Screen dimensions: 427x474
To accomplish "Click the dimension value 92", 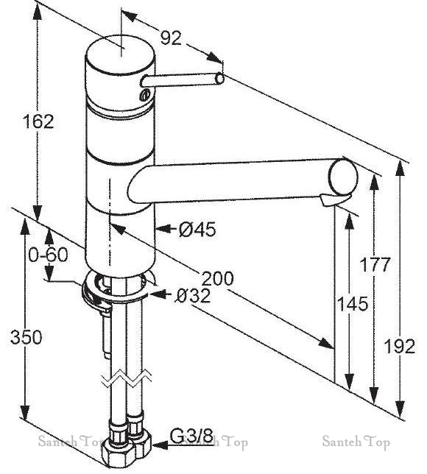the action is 171,38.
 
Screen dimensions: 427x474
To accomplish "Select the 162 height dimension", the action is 38,121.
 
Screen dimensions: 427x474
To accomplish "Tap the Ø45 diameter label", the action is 197,229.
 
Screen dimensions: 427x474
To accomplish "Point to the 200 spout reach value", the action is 217,278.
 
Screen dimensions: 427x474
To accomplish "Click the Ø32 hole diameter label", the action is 193,296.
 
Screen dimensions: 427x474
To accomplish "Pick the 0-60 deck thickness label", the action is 49,255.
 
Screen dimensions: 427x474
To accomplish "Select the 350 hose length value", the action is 26,337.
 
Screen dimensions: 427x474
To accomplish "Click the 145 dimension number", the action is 353,303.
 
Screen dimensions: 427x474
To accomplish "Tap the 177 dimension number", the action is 375,264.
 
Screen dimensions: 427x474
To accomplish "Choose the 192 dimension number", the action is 400,346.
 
